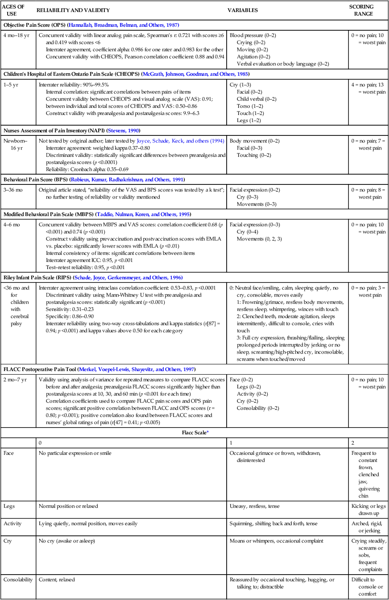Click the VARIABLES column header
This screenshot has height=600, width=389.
[x=243, y=10]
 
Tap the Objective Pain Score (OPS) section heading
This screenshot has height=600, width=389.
[x=34, y=25]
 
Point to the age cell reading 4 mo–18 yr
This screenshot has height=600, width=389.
[x=16, y=35]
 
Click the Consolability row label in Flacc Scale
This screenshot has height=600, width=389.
[x=18, y=580]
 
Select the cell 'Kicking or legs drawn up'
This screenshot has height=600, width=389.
[x=368, y=510]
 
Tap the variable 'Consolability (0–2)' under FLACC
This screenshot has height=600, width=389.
[x=258, y=408]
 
